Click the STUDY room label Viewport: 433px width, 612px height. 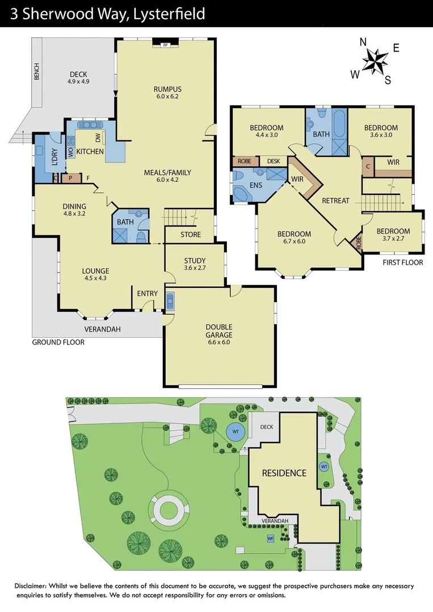[x=195, y=261]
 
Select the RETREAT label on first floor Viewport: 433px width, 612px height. [x=335, y=201]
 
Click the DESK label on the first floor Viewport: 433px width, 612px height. [x=274, y=161]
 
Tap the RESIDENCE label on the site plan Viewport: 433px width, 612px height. [x=284, y=473]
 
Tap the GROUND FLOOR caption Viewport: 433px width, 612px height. [x=58, y=342]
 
